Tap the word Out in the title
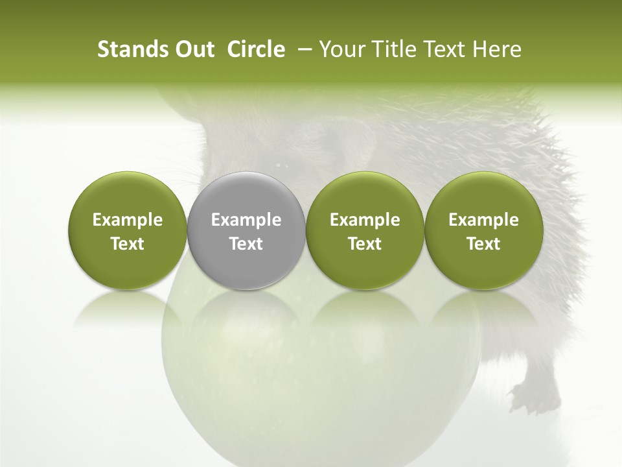(193, 49)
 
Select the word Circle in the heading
(255, 49)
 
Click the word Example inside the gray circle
(246, 220)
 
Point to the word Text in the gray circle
(246, 244)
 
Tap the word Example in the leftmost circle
(128, 220)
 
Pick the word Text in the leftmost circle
(128, 244)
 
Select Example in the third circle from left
(365, 220)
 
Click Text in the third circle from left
(365, 244)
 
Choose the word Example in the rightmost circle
(483, 220)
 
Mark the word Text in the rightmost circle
(483, 244)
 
